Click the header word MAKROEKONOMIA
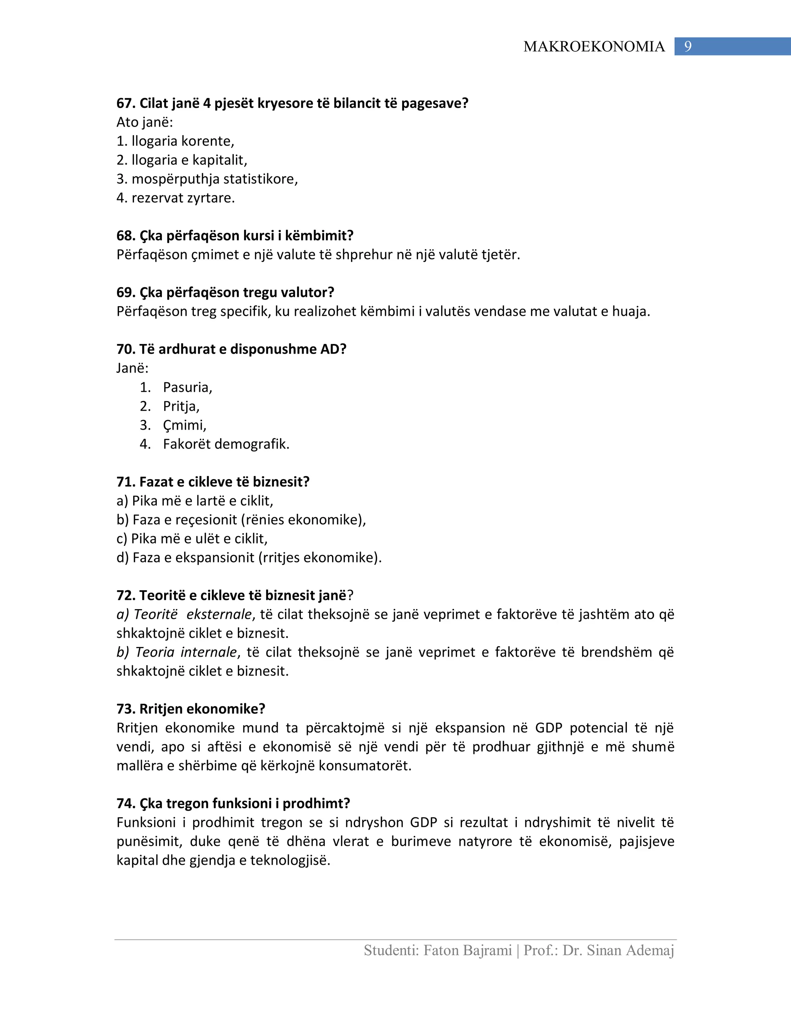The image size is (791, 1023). point(594,47)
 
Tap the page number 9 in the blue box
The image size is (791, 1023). point(687,46)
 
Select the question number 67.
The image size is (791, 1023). point(126,103)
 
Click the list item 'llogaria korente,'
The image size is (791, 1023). point(183,141)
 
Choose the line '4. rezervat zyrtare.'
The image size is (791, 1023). point(176,198)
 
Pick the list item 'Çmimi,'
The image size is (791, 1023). point(185,425)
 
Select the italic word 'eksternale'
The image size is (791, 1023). point(219,614)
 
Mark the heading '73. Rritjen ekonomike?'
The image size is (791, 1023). point(191,709)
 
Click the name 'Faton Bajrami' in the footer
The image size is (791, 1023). point(467,950)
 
